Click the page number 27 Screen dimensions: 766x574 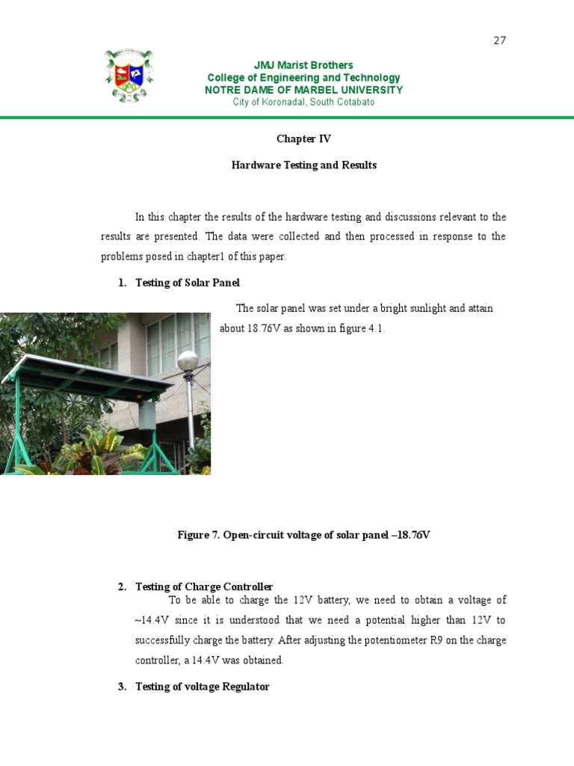point(500,40)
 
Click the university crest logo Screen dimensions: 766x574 point(129,76)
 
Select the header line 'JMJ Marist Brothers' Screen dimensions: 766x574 point(303,65)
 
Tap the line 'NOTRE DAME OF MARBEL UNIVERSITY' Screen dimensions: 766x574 point(303,90)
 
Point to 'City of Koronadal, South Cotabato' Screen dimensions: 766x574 point(303,102)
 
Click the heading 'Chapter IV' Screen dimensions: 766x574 point(303,139)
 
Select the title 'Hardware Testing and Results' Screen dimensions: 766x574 point(303,165)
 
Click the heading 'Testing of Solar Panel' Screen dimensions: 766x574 point(188,283)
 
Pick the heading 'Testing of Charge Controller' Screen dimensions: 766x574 point(204,586)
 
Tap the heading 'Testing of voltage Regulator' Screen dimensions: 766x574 point(202,687)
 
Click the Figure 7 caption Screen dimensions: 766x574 point(303,535)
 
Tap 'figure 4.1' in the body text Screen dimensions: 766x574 point(362,328)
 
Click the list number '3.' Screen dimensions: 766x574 point(123,687)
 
